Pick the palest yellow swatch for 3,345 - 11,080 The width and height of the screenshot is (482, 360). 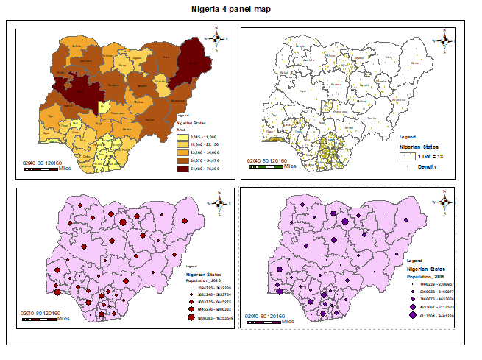point(182,137)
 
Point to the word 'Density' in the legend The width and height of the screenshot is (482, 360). point(428,166)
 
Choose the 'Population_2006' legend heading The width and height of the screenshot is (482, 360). point(429,276)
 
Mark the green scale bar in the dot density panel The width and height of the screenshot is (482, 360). point(266,168)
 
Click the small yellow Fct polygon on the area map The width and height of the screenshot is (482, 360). point(104,107)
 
